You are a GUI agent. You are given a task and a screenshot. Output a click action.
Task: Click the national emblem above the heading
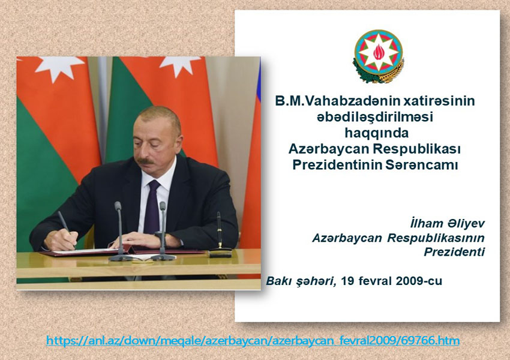(378, 56)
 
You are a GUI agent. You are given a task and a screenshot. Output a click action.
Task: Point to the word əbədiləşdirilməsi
(375, 117)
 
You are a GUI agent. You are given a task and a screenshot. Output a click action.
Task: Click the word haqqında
(376, 133)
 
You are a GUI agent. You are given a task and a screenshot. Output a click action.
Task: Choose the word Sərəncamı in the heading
(422, 164)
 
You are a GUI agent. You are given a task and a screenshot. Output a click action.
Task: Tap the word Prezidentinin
(337, 164)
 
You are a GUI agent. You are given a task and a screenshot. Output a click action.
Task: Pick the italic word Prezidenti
(454, 252)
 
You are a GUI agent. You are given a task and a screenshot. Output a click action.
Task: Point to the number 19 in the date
(347, 281)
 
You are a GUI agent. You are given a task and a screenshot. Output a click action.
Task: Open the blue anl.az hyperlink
(253, 341)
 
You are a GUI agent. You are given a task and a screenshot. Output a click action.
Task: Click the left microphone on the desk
(119, 232)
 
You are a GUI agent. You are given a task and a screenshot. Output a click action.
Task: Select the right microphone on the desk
(163, 232)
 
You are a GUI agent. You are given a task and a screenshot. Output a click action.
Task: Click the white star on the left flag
(61, 67)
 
